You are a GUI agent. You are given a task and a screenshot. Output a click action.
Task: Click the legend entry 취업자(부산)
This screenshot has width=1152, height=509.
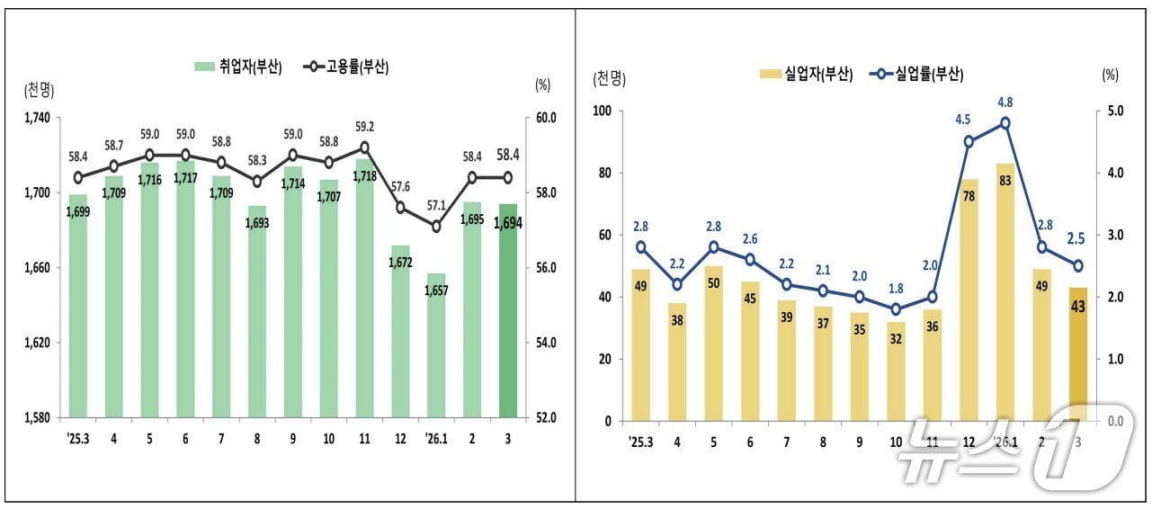click(x=237, y=67)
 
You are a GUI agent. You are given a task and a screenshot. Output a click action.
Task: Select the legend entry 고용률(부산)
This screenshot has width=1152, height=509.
click(x=346, y=67)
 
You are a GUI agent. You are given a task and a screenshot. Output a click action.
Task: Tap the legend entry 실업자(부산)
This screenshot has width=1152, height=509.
click(x=806, y=76)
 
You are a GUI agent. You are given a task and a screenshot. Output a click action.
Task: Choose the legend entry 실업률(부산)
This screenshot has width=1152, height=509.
click(x=916, y=76)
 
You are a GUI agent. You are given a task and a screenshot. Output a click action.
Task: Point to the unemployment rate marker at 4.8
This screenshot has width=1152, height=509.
click(x=1005, y=123)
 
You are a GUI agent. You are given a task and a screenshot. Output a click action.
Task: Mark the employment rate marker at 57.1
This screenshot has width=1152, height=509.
click(x=436, y=227)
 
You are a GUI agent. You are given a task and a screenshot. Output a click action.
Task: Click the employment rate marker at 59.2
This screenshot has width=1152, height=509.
click(x=364, y=147)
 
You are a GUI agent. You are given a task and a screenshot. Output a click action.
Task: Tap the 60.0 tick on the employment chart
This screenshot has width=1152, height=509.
click(x=547, y=118)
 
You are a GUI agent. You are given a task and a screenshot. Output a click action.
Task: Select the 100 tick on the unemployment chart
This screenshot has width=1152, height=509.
click(x=602, y=111)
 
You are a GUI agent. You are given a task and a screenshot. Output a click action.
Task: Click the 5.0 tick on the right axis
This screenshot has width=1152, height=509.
click(x=1115, y=111)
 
